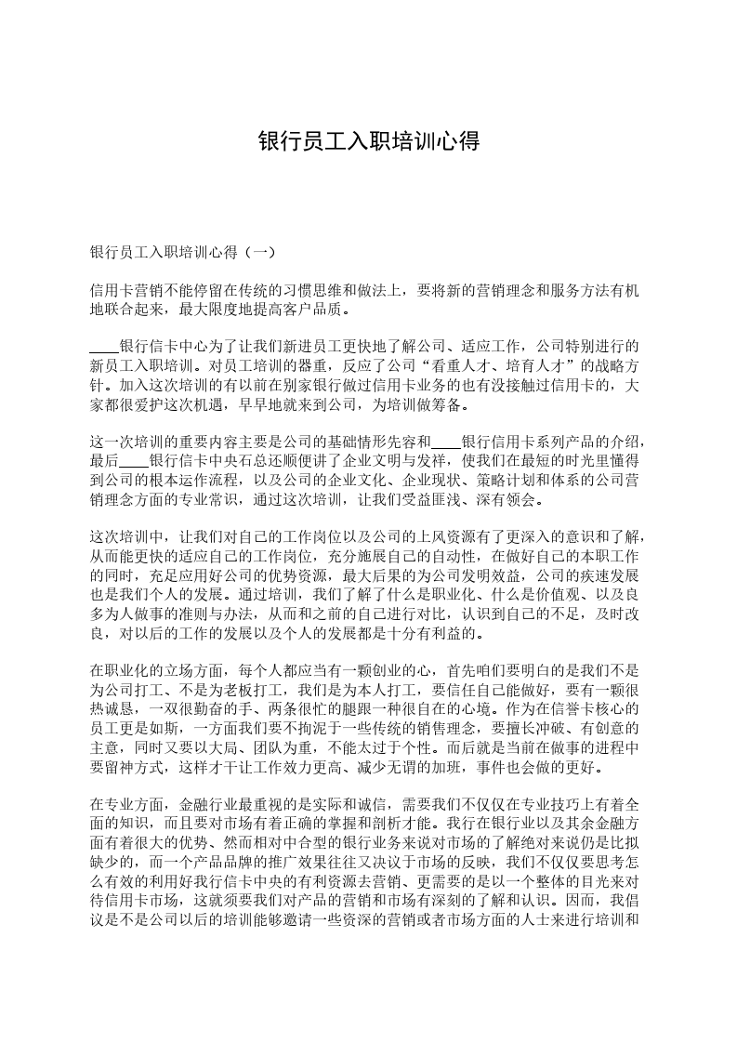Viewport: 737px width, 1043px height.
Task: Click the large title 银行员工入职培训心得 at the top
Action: (x=368, y=142)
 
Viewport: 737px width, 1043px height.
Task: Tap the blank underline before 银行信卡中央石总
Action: (x=134, y=459)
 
